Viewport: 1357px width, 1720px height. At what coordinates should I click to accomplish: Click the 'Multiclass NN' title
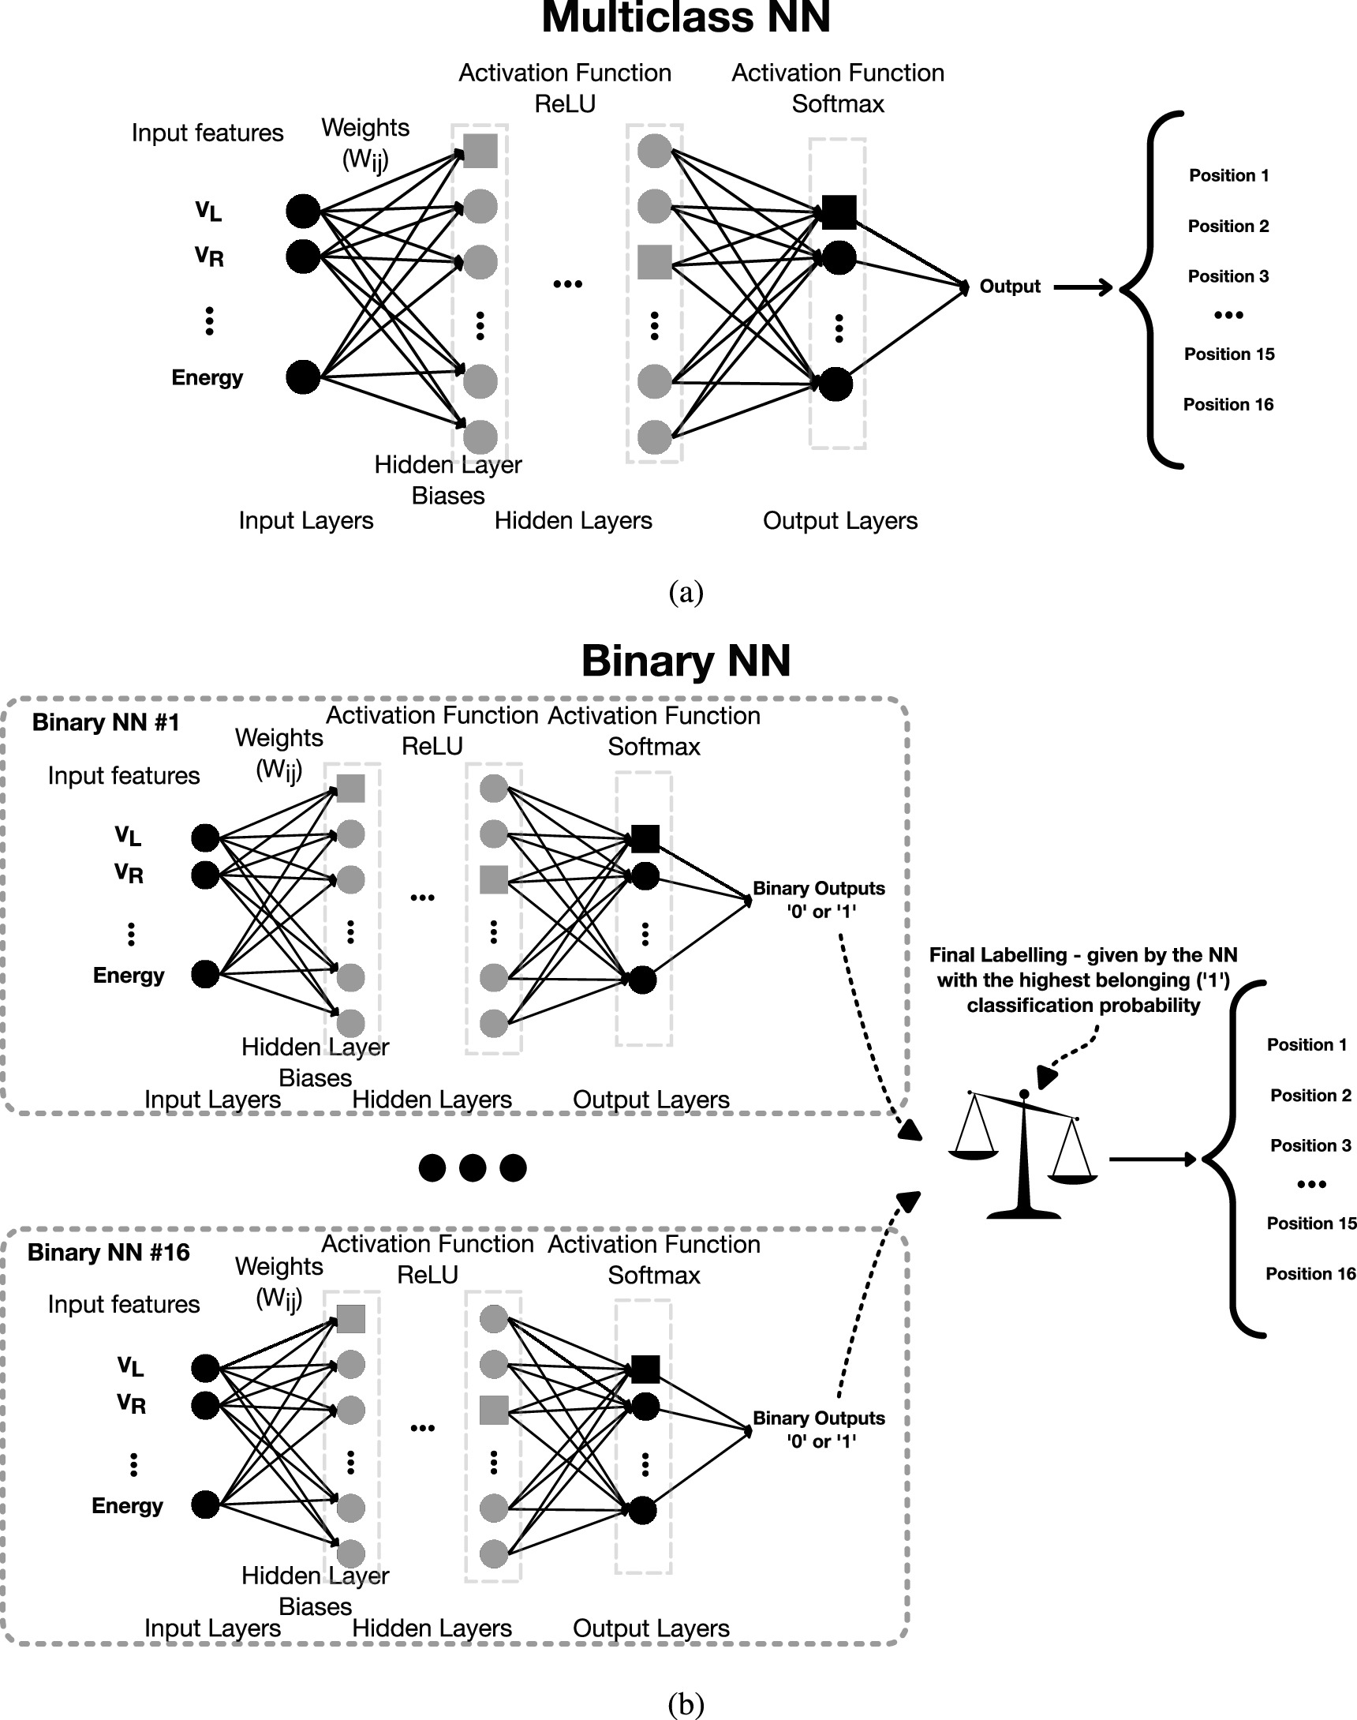click(686, 17)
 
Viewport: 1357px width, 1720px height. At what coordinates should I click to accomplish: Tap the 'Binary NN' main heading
click(686, 661)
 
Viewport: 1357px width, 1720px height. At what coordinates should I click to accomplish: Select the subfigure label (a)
click(686, 592)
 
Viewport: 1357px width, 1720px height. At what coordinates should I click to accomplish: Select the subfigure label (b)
click(686, 1702)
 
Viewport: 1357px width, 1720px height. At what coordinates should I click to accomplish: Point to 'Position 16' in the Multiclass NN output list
click(1228, 405)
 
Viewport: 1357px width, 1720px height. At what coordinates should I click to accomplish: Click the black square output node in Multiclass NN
click(838, 212)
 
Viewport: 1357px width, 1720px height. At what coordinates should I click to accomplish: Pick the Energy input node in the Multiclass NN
click(303, 377)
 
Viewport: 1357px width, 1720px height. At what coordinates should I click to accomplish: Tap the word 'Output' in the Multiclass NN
click(1009, 286)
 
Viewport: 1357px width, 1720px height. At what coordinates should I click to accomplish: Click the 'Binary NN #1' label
click(106, 722)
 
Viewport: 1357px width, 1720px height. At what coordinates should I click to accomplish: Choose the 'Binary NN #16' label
click(109, 1253)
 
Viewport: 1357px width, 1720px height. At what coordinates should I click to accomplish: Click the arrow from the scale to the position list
click(1152, 1160)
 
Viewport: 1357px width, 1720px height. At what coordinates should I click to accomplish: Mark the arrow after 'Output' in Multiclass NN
click(1083, 287)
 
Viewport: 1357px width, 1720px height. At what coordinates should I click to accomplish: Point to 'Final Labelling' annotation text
click(1083, 980)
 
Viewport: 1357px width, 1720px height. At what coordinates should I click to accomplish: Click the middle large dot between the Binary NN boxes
click(473, 1167)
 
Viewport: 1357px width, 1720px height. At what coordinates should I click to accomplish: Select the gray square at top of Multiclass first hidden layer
click(480, 151)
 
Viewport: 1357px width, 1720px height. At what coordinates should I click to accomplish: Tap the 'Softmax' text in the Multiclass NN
click(837, 104)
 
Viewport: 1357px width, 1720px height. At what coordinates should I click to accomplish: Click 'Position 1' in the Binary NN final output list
click(1307, 1044)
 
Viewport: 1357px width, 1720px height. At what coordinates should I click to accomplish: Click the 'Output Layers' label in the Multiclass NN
click(839, 521)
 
